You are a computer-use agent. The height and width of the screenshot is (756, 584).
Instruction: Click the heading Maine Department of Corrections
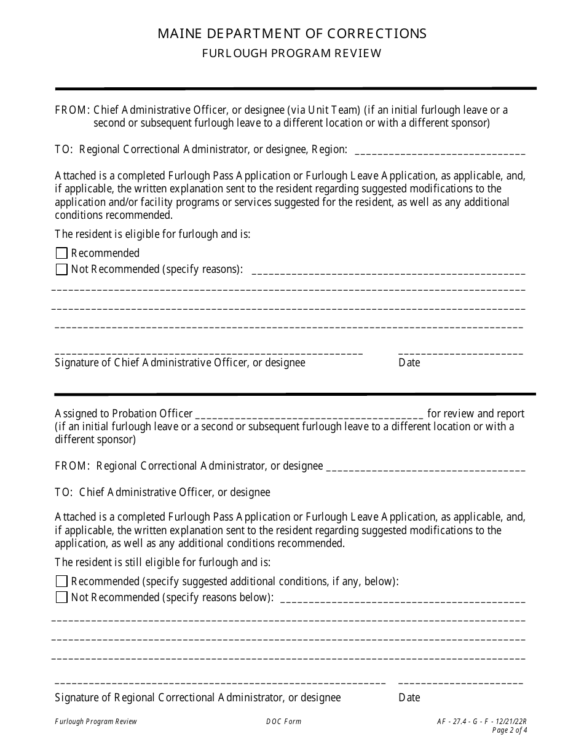[x=292, y=33]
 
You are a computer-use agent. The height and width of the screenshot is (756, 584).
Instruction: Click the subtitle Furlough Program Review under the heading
[x=292, y=53]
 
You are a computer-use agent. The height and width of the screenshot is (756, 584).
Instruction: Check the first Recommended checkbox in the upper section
[x=61, y=253]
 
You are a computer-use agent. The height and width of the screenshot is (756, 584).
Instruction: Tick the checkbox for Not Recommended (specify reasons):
[x=61, y=269]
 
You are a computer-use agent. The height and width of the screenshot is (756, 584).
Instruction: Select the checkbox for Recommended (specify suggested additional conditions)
[x=61, y=581]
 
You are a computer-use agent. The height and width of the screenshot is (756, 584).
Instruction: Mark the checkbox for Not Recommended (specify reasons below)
[x=61, y=597]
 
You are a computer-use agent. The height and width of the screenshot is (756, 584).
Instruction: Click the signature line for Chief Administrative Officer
[x=208, y=352]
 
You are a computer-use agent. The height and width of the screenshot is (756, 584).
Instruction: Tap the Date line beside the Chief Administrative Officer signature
[x=460, y=352]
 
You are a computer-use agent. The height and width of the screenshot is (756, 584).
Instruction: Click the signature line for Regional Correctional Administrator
[x=220, y=682]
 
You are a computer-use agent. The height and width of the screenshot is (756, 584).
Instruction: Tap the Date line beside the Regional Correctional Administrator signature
[x=460, y=682]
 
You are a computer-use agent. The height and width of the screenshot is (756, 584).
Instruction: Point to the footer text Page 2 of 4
[x=510, y=731]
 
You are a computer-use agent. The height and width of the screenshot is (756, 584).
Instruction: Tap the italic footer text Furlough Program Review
[x=96, y=722]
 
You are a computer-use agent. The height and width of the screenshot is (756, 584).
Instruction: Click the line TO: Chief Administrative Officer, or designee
[x=162, y=492]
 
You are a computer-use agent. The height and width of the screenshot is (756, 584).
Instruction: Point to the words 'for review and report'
[x=476, y=414]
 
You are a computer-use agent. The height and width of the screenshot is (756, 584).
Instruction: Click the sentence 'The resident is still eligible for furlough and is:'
[x=162, y=562]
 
